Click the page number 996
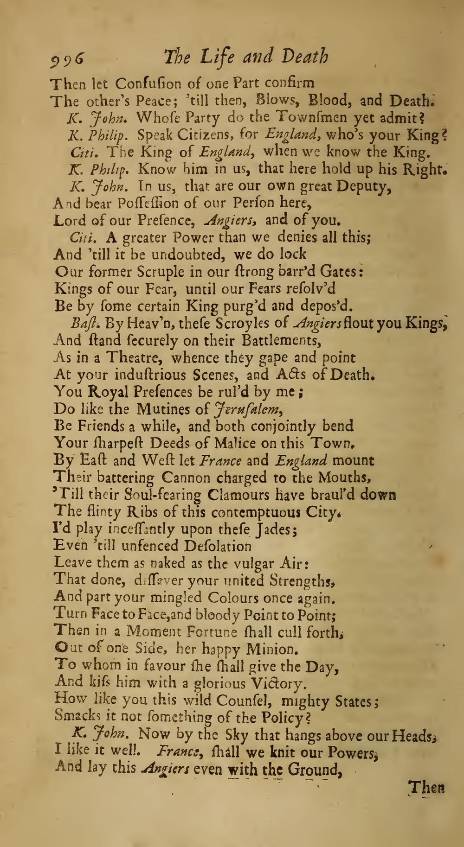(69, 59)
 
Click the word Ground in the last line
(314, 769)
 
